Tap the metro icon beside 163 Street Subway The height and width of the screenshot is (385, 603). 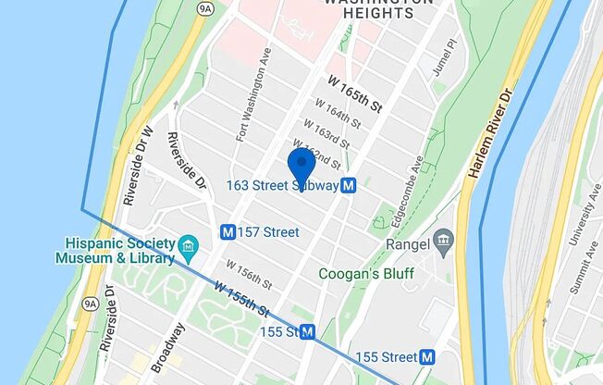(x=349, y=186)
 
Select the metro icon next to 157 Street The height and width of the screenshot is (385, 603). (x=227, y=231)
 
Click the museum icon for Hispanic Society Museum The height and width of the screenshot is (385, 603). (x=190, y=246)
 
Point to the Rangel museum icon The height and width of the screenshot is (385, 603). (x=443, y=244)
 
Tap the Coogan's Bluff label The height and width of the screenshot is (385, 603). (x=366, y=274)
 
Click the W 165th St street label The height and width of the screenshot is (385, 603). (x=355, y=93)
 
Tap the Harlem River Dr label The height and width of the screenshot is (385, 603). (x=492, y=134)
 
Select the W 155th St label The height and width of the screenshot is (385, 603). (x=241, y=299)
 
